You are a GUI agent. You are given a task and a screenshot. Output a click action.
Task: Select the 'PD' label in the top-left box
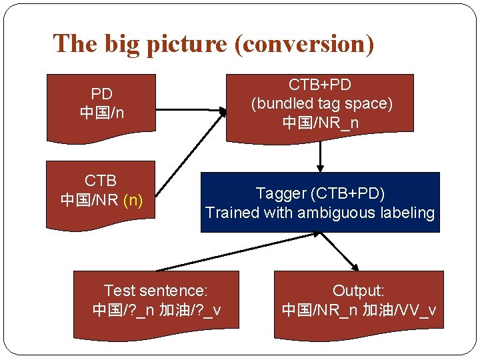pyautogui.click(x=101, y=94)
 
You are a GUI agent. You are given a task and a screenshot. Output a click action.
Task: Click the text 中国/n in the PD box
pyautogui.click(x=101, y=113)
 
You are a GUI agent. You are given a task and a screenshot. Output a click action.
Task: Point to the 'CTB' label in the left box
pyautogui.click(x=101, y=181)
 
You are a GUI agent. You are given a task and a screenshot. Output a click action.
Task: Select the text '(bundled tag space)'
pyautogui.click(x=321, y=103)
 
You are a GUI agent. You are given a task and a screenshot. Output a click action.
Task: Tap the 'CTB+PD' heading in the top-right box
pyautogui.click(x=320, y=85)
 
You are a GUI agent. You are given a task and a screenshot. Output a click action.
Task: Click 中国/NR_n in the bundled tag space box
pyautogui.click(x=321, y=123)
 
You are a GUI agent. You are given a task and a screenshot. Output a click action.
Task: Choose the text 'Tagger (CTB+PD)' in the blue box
pyautogui.click(x=320, y=193)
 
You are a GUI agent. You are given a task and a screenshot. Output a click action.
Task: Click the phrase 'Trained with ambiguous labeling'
pyautogui.click(x=320, y=213)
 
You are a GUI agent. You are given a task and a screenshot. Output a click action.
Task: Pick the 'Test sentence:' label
pyautogui.click(x=156, y=291)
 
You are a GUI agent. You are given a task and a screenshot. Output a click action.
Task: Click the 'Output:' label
pyautogui.click(x=359, y=291)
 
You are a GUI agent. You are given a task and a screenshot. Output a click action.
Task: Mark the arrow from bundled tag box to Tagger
pyautogui.click(x=321, y=157)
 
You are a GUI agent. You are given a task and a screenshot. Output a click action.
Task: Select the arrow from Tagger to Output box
pyautogui.click(x=343, y=251)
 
